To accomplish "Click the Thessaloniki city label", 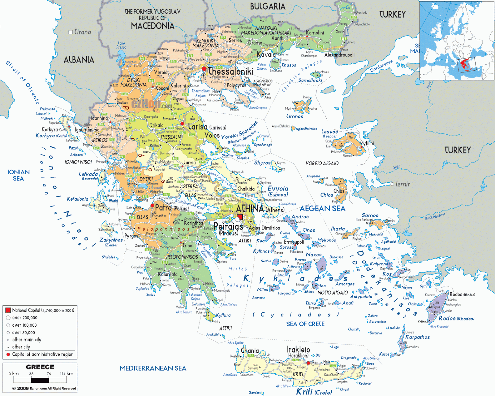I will (x=230, y=71).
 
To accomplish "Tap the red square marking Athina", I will (x=240, y=217).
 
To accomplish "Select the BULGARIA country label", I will (x=268, y=7).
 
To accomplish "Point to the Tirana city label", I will (x=83, y=32).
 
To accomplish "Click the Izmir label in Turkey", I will (x=402, y=184).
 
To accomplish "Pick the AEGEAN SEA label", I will (x=322, y=209).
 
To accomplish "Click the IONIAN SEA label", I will (x=19, y=175).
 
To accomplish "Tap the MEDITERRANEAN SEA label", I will (x=153, y=368).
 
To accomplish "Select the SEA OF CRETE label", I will (x=305, y=324).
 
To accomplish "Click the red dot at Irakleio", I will (x=308, y=363).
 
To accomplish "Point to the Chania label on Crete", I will (x=250, y=351).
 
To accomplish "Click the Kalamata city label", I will (x=168, y=274).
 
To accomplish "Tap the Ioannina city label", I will (x=99, y=118).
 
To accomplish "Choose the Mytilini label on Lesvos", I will (x=367, y=143).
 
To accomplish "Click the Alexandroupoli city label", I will (x=339, y=55).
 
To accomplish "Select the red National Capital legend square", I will (x=8, y=310).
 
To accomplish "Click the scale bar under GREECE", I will (x=40, y=380).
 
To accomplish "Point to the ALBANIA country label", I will (x=79, y=59).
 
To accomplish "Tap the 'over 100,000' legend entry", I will (x=24, y=325).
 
